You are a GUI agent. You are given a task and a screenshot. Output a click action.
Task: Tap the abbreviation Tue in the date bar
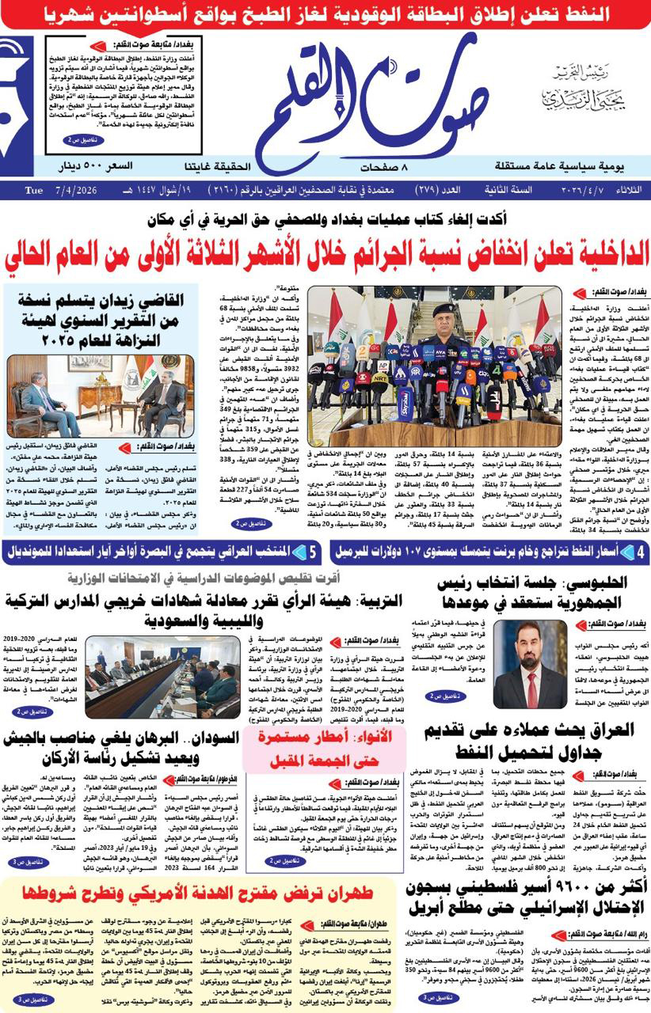[x=33, y=191]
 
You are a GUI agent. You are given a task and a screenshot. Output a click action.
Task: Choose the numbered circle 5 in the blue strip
[x=314, y=551]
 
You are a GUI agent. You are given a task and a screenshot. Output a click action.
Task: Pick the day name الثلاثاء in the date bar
[x=629, y=191]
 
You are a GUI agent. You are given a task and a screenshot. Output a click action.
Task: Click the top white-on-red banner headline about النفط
[x=325, y=13]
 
